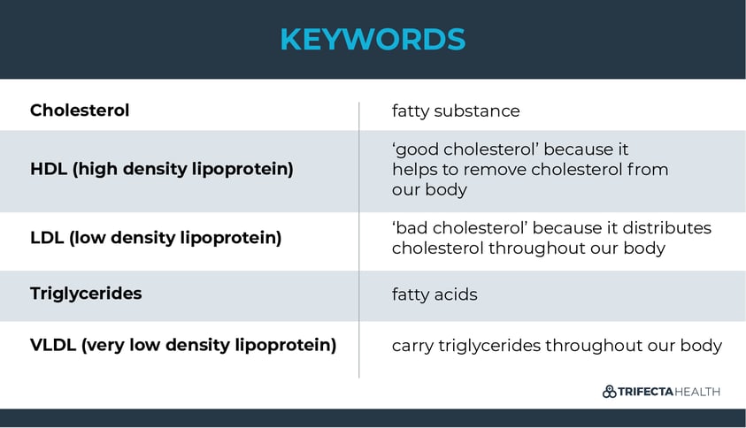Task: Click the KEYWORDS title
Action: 373,39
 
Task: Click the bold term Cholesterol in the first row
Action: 80,111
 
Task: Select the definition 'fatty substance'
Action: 456,111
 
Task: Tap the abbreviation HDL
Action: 49,169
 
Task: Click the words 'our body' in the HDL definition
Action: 429,189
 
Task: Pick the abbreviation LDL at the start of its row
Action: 47,238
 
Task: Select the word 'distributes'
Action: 667,228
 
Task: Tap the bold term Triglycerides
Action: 86,294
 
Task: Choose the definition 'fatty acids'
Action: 435,294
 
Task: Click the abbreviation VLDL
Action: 53,345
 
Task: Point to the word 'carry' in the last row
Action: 412,346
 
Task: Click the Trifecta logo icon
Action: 609,392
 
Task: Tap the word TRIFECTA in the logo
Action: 646,392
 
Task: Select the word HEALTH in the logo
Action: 697,392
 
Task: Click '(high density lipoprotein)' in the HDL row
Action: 182,169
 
